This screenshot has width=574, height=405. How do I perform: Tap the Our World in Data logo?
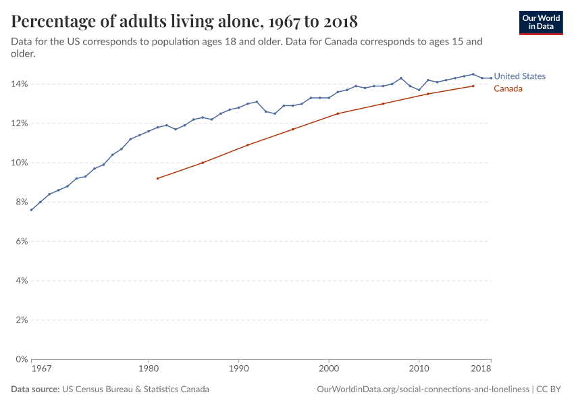(x=540, y=22)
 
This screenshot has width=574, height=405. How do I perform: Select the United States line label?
(x=519, y=76)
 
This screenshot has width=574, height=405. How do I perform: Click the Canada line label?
(x=508, y=88)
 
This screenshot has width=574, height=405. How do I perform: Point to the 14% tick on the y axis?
(x=18, y=84)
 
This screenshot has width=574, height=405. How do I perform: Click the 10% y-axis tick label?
(x=18, y=163)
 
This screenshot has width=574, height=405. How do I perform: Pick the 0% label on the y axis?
(x=20, y=359)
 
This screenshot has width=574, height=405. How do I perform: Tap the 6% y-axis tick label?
(x=20, y=241)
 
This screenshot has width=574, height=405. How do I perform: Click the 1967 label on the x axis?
(x=41, y=369)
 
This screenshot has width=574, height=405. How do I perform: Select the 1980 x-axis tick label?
(x=149, y=369)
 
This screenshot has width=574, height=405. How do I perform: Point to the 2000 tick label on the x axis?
(x=329, y=369)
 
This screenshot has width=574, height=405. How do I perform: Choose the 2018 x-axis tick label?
(x=481, y=369)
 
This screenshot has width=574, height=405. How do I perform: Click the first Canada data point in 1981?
(x=157, y=178)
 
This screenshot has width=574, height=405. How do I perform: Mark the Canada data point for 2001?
(x=338, y=113)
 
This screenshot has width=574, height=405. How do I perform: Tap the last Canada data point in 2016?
(x=473, y=86)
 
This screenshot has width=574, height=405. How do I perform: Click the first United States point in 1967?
(x=31, y=210)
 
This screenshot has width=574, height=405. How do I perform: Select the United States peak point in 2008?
(x=401, y=78)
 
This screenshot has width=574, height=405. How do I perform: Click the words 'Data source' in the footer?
(x=34, y=389)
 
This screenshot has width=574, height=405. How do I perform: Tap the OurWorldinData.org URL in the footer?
(x=423, y=389)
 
